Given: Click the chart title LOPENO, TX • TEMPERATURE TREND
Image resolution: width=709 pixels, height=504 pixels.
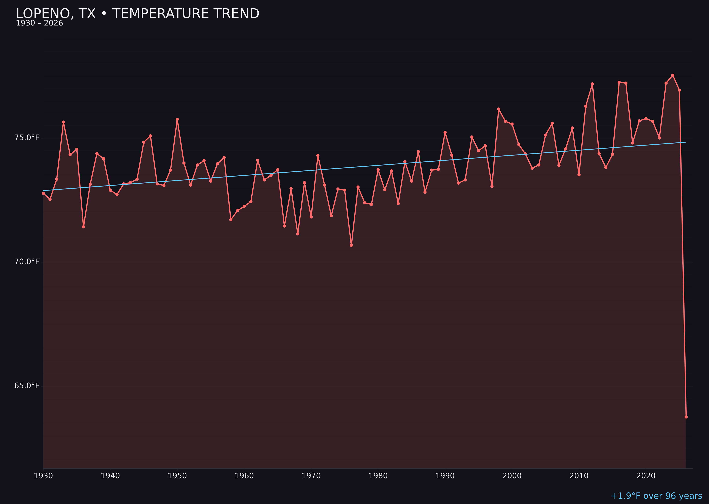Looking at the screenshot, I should pos(138,14).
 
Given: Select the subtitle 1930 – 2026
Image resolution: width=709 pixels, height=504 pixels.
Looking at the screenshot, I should pos(39,23).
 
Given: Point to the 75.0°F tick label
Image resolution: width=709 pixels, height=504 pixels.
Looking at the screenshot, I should pos(27,138).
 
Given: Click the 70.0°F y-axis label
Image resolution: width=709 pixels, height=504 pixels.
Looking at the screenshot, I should pos(27,262).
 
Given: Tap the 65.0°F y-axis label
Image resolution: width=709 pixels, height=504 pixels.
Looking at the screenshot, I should pos(27,385).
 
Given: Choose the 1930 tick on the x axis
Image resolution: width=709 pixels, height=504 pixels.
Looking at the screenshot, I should pos(43,476).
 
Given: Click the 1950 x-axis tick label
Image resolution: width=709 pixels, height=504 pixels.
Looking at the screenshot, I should pos(177,476).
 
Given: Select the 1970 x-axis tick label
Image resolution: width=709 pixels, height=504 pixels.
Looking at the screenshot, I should pos(311,476).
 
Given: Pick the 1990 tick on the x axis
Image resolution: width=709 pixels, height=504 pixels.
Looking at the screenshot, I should pos(445,476).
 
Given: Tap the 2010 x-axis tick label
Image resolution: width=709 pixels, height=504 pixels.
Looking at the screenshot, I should pos(579,476).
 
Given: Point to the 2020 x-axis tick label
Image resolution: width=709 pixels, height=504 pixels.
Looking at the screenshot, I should pos(646,476).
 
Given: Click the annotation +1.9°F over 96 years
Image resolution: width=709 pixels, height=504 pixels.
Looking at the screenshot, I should pos(656,496).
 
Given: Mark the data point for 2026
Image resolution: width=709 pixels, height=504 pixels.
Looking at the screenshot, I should pos(686,417).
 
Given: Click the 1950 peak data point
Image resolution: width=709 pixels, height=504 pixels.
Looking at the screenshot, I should pos(177,119).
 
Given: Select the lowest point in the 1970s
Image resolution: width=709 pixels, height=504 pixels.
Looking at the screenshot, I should pos(351,245).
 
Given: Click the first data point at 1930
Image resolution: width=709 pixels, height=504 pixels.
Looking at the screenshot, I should pos(43,193).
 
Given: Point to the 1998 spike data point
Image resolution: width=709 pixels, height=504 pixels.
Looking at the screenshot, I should pos(499,109).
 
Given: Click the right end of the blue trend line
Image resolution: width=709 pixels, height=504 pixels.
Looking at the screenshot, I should pos(686,142).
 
